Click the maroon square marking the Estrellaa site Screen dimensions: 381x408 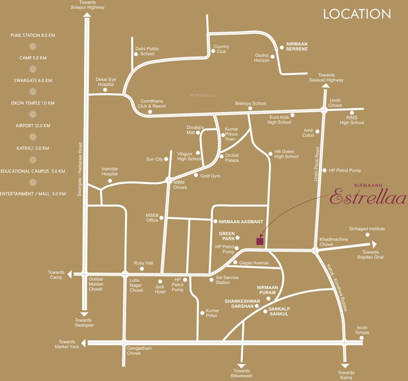[259, 241]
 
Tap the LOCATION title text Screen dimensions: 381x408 [357, 14]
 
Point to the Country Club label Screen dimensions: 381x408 [221, 49]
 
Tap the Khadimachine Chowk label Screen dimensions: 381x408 [333, 242]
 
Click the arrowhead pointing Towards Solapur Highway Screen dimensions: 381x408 [87, 15]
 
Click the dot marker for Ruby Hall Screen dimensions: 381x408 [142, 269]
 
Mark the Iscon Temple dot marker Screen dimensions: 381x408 [362, 338]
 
